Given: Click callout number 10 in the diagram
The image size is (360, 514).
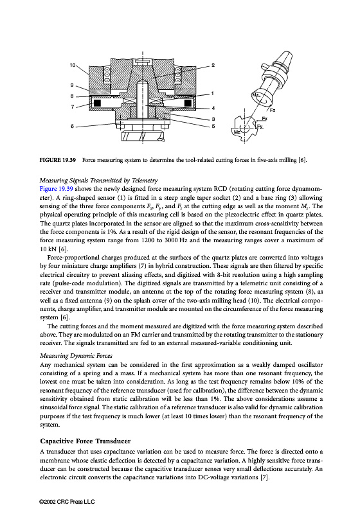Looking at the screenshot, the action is (x=73, y=65).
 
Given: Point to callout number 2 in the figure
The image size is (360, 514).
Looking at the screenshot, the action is (x=213, y=65).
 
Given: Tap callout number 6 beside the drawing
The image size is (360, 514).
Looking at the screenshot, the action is (x=73, y=126).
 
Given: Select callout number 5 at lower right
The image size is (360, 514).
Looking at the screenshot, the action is (x=213, y=126).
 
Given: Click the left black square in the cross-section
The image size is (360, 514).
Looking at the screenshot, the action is (x=97, y=103).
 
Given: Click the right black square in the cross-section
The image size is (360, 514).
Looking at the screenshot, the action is (x=188, y=103).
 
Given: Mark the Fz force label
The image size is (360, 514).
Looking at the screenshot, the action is (x=273, y=110).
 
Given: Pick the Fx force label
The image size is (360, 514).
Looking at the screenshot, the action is (x=264, y=118).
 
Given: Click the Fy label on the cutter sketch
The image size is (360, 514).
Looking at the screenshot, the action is (x=260, y=126).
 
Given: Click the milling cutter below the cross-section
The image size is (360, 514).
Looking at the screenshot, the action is (x=142, y=136).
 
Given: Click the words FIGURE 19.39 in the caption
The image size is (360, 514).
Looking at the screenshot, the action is (x=58, y=160).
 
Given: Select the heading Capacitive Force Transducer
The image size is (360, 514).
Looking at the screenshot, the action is (x=85, y=441).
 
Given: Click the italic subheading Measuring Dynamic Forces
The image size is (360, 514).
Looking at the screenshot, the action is (x=76, y=356).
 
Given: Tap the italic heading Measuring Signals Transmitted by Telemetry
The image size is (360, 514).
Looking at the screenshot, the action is (x=99, y=181).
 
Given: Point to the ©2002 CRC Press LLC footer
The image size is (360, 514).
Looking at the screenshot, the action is (x=67, y=502).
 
